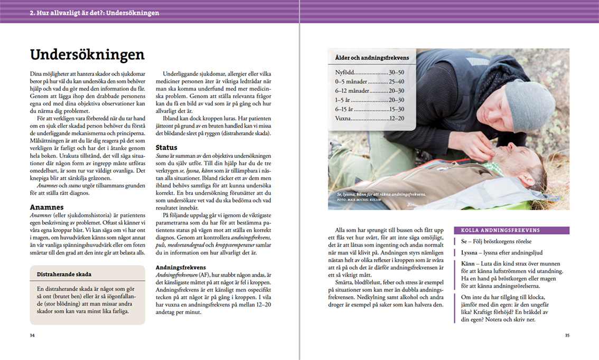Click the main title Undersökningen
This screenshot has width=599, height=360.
(x=87, y=55)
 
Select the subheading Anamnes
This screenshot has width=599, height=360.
(x=47, y=207)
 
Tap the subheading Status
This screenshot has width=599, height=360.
(x=166, y=147)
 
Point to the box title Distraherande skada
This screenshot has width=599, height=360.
(x=64, y=274)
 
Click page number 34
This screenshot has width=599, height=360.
(x=32, y=335)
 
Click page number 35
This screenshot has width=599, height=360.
(x=567, y=335)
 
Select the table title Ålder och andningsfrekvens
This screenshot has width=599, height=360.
(x=372, y=58)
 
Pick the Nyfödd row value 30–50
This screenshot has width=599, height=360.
(x=396, y=72)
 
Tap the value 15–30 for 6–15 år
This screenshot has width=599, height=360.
(x=396, y=109)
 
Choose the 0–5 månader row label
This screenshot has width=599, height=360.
(x=351, y=82)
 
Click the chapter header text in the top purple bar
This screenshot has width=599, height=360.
(x=94, y=13)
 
